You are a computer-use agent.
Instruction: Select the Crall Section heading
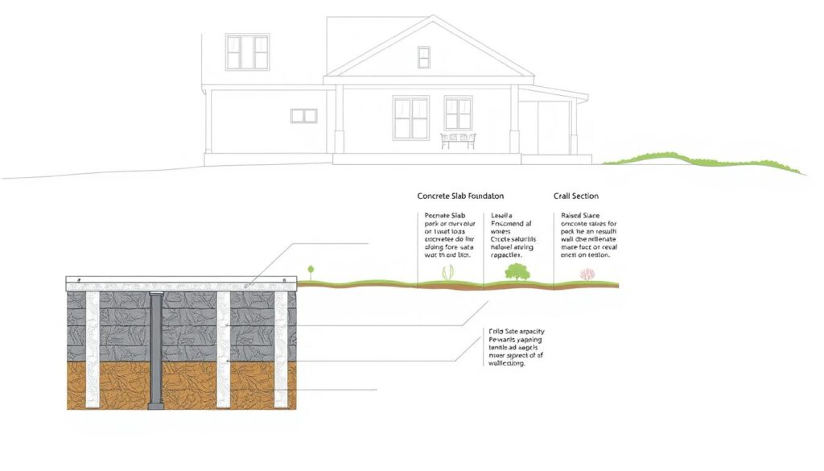(575, 196)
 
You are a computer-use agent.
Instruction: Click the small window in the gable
(423, 57)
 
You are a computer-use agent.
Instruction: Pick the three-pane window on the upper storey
(246, 52)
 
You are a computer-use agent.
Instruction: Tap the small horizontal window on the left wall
(303, 116)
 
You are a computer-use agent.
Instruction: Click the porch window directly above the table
(458, 114)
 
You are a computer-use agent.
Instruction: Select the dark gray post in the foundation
(156, 350)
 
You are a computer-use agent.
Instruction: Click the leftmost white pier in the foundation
(93, 350)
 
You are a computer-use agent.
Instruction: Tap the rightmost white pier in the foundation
(281, 350)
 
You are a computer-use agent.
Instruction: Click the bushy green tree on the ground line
(516, 272)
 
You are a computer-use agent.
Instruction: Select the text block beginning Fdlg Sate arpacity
(516, 347)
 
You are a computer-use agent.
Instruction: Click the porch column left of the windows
(340, 118)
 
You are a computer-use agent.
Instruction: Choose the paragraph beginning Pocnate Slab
(447, 235)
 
